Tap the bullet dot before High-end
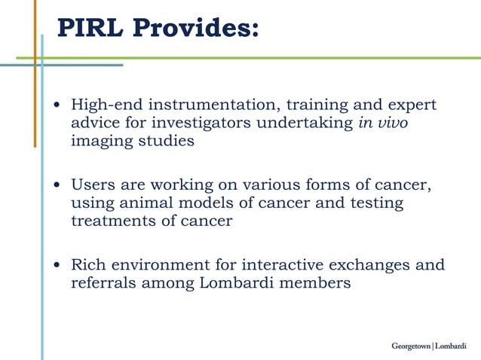pos(59,105)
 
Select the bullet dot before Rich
pos(59,266)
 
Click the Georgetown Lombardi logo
pos(429,346)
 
